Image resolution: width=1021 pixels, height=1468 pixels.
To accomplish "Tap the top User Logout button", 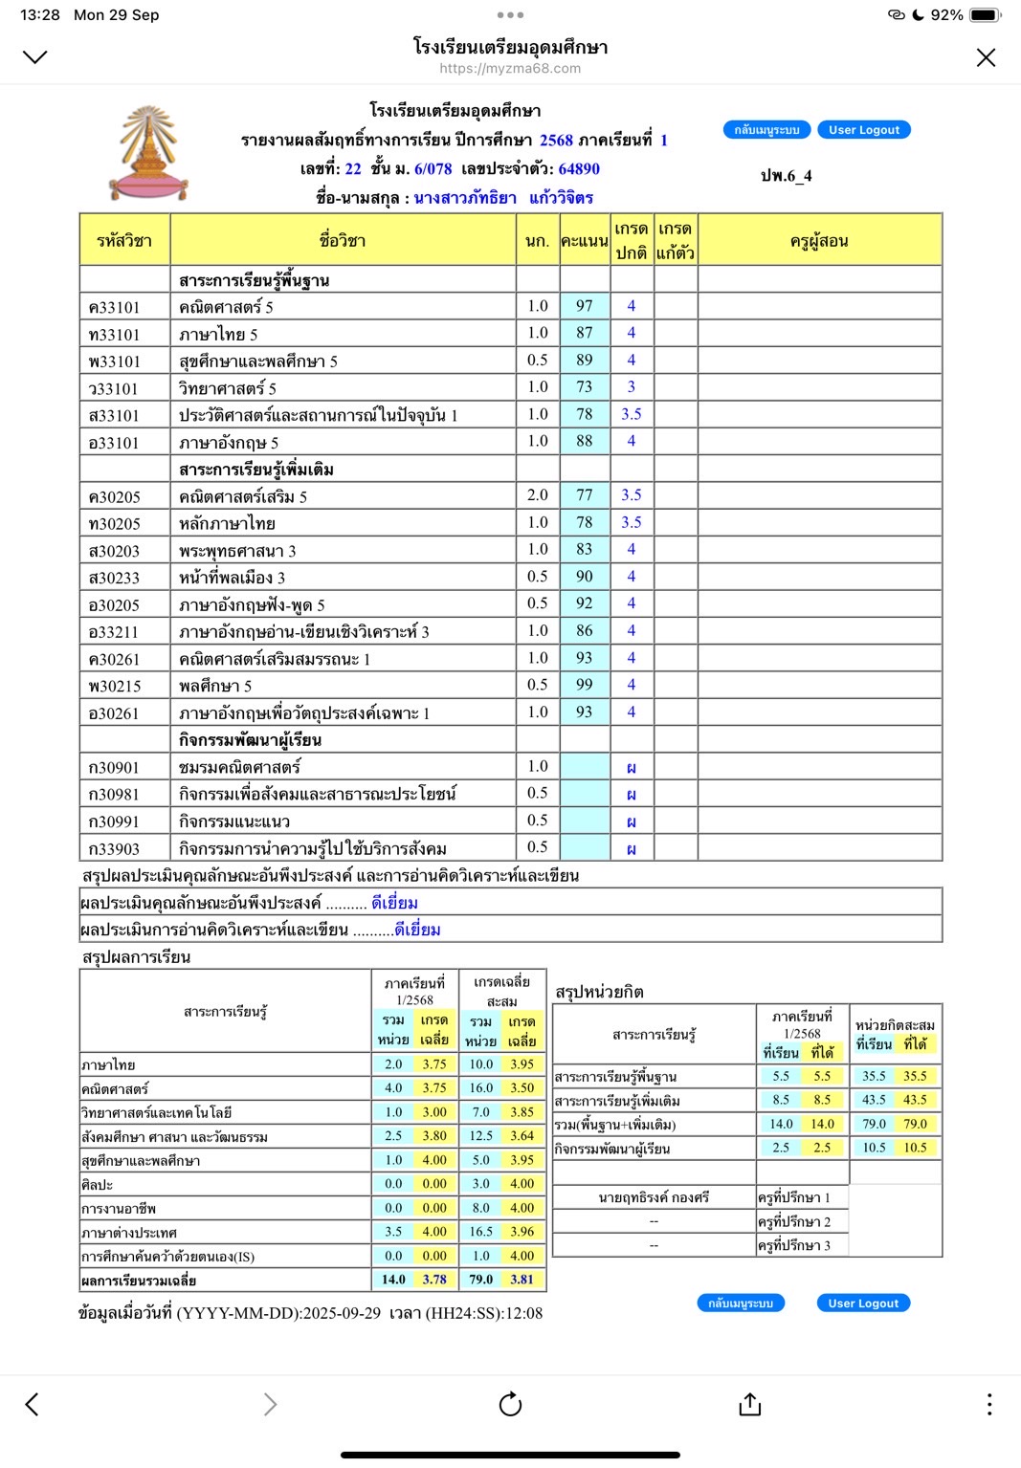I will (x=863, y=130).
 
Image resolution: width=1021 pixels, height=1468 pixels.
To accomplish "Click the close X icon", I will (x=986, y=57).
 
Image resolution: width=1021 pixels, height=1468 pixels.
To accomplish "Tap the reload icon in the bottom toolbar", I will (x=510, y=1403).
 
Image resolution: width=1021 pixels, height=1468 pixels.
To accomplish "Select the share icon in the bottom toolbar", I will (x=750, y=1403).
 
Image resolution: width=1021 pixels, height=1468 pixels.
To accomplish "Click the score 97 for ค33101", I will (x=584, y=306).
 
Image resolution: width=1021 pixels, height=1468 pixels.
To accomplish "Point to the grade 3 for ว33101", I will (x=632, y=387).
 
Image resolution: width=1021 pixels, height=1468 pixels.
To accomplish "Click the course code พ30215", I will (x=115, y=686).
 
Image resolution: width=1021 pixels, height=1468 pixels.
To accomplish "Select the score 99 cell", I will (x=584, y=685).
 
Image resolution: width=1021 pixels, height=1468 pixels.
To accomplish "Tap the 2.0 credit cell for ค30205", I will (x=538, y=495).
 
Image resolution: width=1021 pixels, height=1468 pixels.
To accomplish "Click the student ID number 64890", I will (x=579, y=169).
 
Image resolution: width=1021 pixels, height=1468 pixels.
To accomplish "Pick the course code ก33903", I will (x=114, y=848).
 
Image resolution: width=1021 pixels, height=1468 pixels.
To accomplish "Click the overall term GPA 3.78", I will (x=434, y=1280).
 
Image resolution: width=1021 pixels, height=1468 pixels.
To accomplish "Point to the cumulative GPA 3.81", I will (x=522, y=1280).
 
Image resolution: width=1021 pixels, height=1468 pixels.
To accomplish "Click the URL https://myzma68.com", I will (x=510, y=69).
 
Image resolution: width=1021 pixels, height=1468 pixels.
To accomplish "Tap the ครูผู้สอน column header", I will (x=819, y=241).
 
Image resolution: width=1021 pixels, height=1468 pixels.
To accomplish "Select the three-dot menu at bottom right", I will (x=988, y=1403).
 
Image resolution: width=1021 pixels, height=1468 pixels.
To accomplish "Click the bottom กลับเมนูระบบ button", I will (x=741, y=1304).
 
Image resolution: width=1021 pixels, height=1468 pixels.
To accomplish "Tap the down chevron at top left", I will (x=34, y=57).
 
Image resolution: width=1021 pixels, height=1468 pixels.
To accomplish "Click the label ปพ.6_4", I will (x=786, y=176).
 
